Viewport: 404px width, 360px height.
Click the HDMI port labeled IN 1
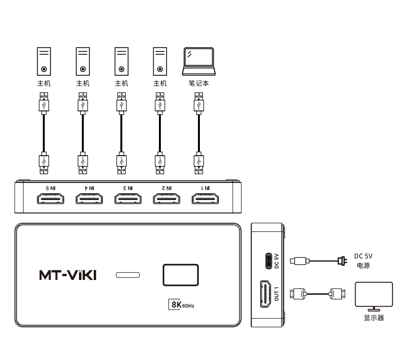tap(205, 199)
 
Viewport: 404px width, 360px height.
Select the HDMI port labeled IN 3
tap(128, 199)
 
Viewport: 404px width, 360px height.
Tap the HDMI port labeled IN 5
tap(50, 199)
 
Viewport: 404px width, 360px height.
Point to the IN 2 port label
tap(167, 188)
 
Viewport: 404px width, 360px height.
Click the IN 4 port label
tap(89, 188)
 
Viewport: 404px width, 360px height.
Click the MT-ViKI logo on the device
tap(68, 275)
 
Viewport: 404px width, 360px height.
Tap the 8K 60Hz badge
tap(181, 305)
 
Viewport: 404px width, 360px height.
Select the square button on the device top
tap(181, 275)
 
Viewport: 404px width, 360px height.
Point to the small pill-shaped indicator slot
tap(128, 275)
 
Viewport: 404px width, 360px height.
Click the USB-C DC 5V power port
tap(268, 261)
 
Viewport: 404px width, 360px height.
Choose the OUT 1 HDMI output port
tap(266, 294)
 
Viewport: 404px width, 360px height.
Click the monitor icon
tap(374, 296)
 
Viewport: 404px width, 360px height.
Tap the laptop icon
tap(198, 61)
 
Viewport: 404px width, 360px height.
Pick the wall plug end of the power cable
tap(343, 261)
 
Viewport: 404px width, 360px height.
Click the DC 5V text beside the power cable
tap(363, 256)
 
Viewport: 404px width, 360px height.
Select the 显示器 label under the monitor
tap(374, 318)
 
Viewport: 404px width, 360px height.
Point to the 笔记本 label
tap(198, 83)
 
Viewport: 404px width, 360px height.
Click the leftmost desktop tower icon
tap(44, 61)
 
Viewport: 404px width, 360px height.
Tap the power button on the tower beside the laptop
tap(160, 69)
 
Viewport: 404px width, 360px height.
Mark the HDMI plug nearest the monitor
tap(337, 294)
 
